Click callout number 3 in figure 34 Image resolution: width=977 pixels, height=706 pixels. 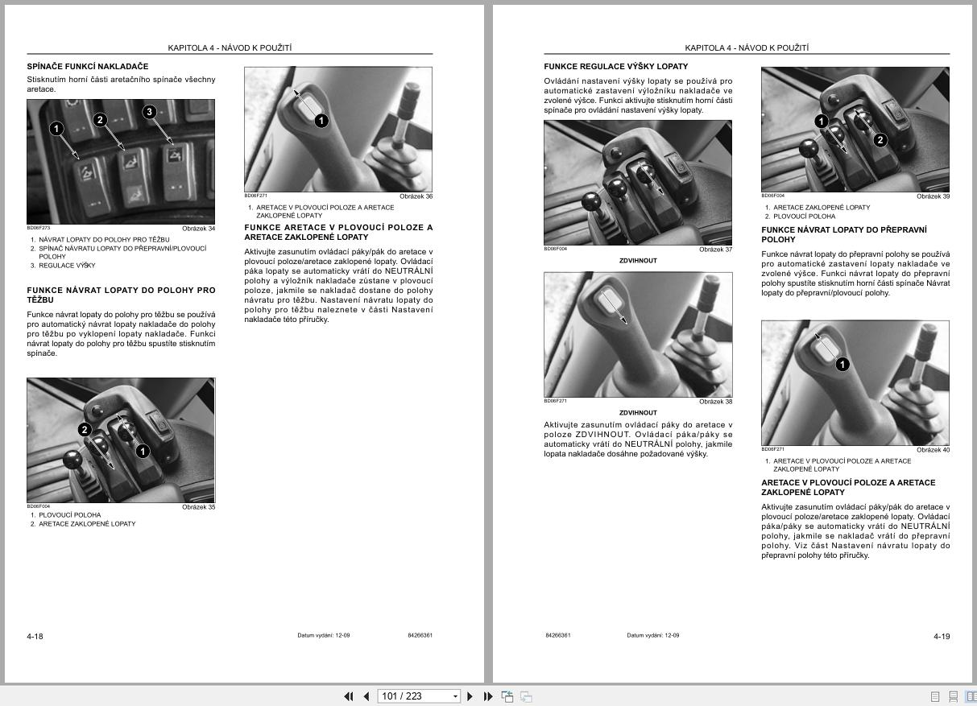pyautogui.click(x=149, y=112)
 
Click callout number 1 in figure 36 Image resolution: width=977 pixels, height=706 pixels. pyautogui.click(x=321, y=121)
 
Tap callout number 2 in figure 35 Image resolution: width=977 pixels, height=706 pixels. pyautogui.click(x=85, y=430)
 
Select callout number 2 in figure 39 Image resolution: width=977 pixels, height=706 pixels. pyautogui.click(x=880, y=140)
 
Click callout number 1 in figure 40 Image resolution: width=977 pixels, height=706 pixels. pyautogui.click(x=842, y=365)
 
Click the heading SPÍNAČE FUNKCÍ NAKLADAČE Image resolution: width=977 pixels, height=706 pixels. pyautogui.click(x=88, y=66)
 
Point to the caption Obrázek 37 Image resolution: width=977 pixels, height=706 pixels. pyautogui.click(x=715, y=250)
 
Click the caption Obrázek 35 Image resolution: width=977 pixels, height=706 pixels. pyautogui.click(x=198, y=507)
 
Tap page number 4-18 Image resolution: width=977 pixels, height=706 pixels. pyautogui.click(x=35, y=636)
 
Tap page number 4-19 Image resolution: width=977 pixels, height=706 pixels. pyautogui.click(x=942, y=636)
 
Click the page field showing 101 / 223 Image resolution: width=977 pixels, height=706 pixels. pyautogui.click(x=413, y=696)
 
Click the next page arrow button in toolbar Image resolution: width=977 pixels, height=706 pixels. pyautogui.click(x=470, y=696)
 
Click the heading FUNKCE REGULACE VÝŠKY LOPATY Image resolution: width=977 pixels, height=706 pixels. pyautogui.click(x=615, y=66)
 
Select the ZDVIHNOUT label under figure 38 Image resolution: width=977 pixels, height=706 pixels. pyautogui.click(x=638, y=412)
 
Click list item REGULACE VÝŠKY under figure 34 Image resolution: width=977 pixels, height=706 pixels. pyautogui.click(x=67, y=266)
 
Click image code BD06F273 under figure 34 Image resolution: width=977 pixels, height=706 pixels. pyautogui.click(x=38, y=228)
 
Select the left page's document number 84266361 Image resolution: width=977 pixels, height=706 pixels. pyautogui.click(x=420, y=635)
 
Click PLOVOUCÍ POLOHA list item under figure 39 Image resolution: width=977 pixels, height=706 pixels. pyautogui.click(x=804, y=216)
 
